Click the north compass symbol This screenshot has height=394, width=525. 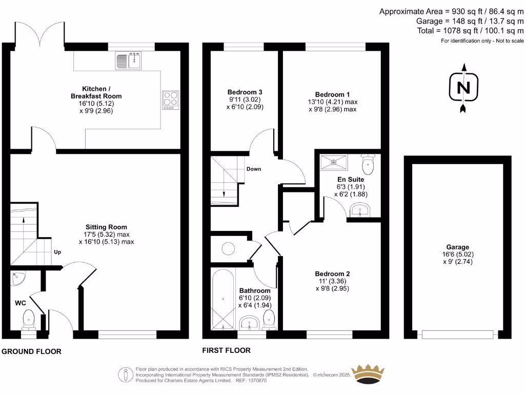click(x=463, y=88)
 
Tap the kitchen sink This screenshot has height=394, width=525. click(x=129, y=61)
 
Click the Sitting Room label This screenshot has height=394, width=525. click(x=106, y=227)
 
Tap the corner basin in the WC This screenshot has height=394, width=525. click(x=18, y=279)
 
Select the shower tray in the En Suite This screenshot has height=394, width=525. click(x=334, y=162)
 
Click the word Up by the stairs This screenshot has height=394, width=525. click(x=58, y=252)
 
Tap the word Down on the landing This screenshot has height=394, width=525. click(x=254, y=169)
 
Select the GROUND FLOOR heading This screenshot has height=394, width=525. click(x=31, y=351)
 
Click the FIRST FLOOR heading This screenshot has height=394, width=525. click(x=226, y=350)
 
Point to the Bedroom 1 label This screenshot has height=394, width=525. click(x=332, y=94)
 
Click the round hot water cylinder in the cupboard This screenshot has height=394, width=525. click(x=229, y=249)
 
